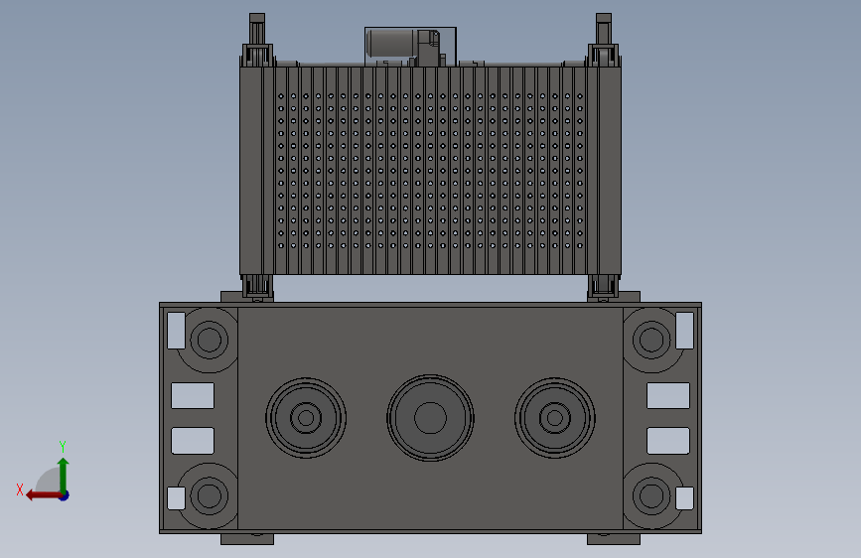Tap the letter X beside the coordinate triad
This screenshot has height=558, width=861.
[x=19, y=489]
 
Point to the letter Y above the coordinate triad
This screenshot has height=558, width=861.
[x=63, y=446]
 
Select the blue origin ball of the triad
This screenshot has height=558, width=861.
[x=64, y=494]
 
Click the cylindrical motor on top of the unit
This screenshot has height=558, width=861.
[x=391, y=43]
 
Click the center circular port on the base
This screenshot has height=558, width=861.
[x=430, y=418]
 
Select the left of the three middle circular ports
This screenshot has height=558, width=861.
[x=306, y=418]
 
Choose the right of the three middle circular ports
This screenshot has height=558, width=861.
[x=554, y=418]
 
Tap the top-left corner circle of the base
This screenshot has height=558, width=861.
[x=209, y=341]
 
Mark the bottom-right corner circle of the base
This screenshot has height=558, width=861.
[x=651, y=493]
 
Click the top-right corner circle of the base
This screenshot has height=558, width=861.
[x=651, y=341]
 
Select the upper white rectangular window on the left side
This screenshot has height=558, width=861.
[x=193, y=396]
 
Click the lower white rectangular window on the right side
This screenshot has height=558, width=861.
[x=667, y=440]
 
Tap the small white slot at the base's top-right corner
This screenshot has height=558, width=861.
[x=684, y=330]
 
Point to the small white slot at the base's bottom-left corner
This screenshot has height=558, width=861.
[x=176, y=498]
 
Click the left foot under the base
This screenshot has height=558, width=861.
[x=246, y=539]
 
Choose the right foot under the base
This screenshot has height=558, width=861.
[x=613, y=539]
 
